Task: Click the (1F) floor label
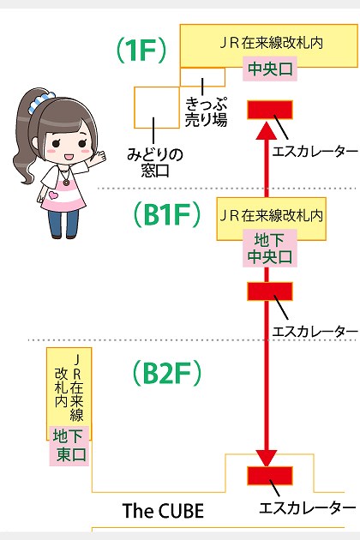(141, 51)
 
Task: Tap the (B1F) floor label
(167, 214)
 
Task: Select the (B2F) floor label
(167, 373)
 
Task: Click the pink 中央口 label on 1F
(270, 69)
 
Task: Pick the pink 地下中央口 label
(270, 249)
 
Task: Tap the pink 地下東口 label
(69, 446)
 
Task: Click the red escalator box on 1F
(270, 110)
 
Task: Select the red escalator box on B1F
(270, 291)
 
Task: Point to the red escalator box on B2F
(270, 476)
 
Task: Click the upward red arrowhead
(267, 131)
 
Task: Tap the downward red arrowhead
(267, 458)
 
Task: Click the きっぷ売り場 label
(206, 111)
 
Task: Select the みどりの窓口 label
(154, 163)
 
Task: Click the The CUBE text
(163, 511)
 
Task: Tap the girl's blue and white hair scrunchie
(40, 101)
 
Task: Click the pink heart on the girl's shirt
(53, 195)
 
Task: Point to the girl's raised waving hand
(98, 158)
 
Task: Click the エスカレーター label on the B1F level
(315, 332)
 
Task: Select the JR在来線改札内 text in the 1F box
(271, 43)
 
